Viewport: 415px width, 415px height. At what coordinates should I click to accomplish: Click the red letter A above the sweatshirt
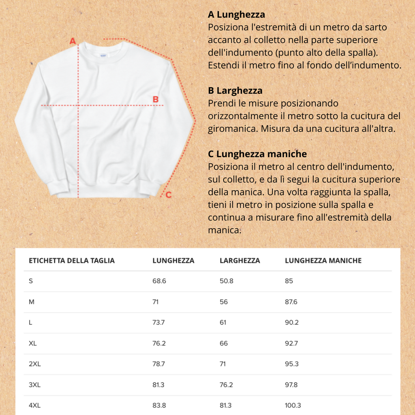[x=73, y=41]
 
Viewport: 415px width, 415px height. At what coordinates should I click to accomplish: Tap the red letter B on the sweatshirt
[x=155, y=99]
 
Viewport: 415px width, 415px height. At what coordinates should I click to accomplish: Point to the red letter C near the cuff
[x=169, y=195]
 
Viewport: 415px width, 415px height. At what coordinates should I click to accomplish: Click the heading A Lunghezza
[x=236, y=15]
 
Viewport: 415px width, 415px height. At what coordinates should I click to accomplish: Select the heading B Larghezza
[x=235, y=90]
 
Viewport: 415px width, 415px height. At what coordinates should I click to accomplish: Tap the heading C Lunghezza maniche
[x=257, y=154]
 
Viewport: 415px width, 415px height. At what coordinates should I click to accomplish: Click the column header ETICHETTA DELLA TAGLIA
[x=72, y=261]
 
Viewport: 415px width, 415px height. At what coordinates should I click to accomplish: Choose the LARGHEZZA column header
[x=240, y=261]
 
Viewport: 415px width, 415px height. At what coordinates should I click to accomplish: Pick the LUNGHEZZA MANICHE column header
[x=323, y=261]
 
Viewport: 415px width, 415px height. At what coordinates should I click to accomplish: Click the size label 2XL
[x=35, y=364]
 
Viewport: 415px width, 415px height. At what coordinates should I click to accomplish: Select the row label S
[x=31, y=281]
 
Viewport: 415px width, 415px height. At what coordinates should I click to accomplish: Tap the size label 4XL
[x=35, y=405]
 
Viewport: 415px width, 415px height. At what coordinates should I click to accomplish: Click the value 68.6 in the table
[x=159, y=281]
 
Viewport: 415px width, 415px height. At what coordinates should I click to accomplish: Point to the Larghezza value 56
[x=224, y=302]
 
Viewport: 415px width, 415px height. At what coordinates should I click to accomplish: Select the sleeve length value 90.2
[x=292, y=323]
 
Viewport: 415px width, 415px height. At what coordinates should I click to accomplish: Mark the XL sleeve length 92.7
[x=291, y=343]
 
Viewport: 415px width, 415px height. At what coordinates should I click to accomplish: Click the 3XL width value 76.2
[x=226, y=385]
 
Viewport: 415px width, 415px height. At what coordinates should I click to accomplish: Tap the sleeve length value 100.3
[x=293, y=405]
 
